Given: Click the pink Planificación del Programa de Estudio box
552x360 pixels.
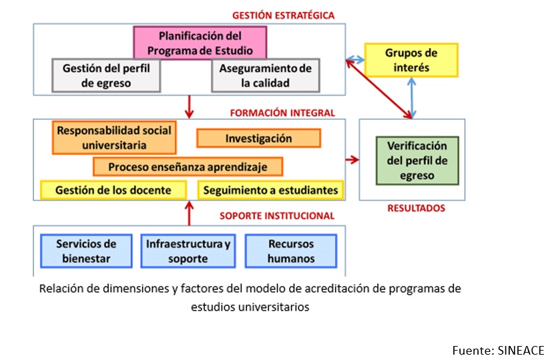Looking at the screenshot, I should [200, 43].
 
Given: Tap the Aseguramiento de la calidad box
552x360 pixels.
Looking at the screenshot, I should [266, 75].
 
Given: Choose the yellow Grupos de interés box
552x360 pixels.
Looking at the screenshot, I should [411, 59].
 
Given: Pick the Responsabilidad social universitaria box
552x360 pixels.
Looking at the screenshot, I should [114, 137].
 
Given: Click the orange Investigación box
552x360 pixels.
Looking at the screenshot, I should [258, 138].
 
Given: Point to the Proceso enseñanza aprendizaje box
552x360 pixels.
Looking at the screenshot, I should [188, 166].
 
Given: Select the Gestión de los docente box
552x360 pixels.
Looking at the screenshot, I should [113, 190].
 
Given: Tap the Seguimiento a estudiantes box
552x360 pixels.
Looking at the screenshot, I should [271, 190].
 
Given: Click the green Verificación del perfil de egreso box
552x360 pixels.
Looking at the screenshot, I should [411, 160].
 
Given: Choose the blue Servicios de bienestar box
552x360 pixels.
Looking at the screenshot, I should [86, 251].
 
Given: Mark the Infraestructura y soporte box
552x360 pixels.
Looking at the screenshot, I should [188, 251].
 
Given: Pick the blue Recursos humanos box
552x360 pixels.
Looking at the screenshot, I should [291, 251].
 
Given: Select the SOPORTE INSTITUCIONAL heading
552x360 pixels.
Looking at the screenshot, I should [277, 215].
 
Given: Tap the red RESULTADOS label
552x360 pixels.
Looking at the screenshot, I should [416, 208].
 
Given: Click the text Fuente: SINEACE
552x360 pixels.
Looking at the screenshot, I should [498, 350].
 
